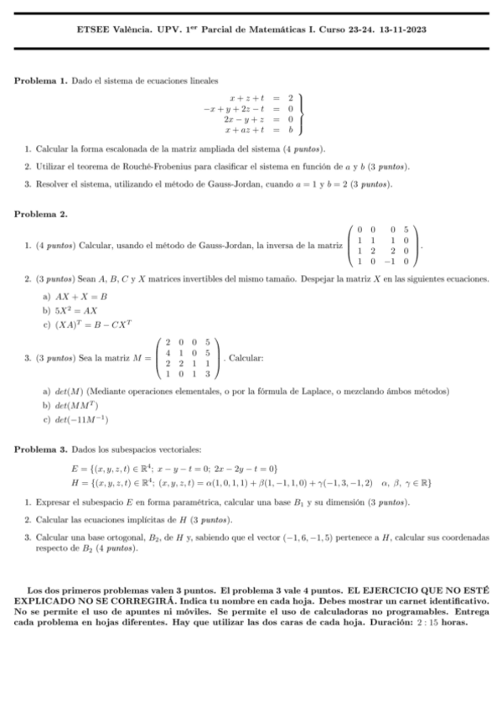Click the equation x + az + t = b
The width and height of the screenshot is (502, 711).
258,131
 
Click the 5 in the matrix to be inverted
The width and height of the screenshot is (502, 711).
405,230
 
